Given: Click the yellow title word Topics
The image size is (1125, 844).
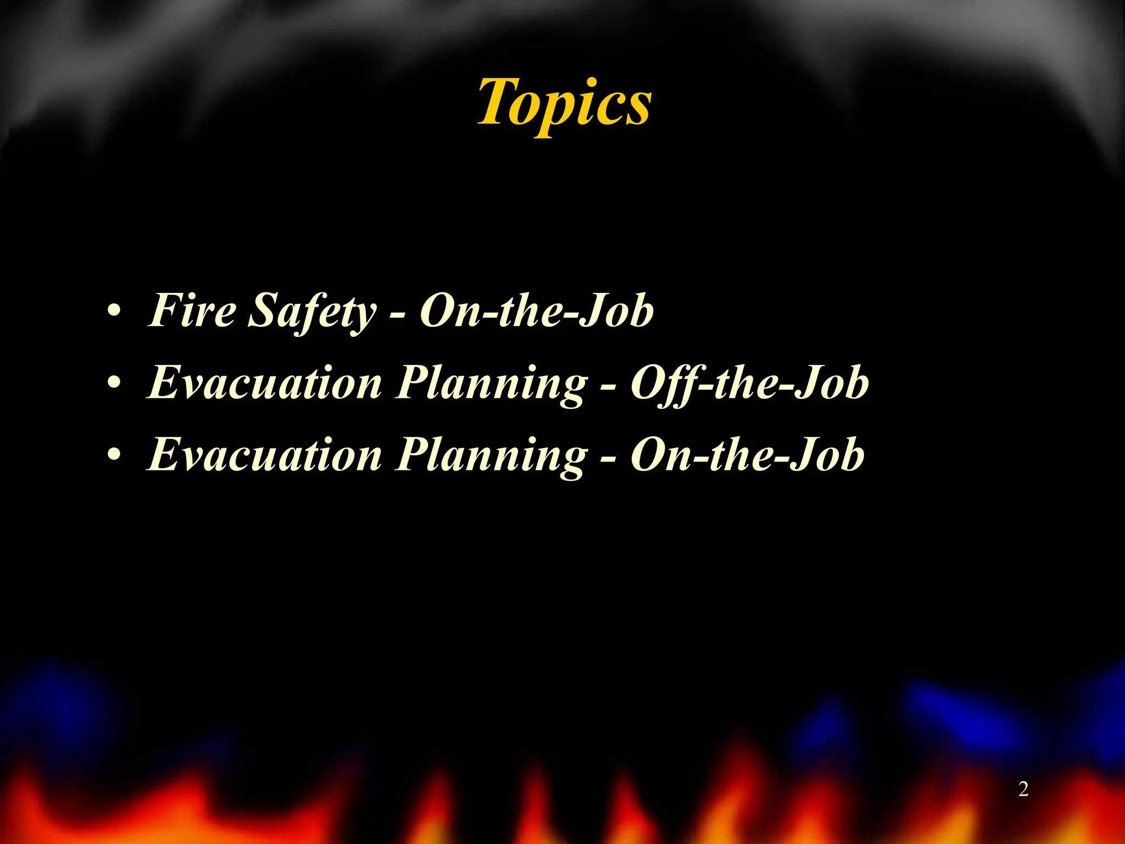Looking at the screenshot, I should tap(565, 103).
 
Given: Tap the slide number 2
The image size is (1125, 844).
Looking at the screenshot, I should tap(1023, 790).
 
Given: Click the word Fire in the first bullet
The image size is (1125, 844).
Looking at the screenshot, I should tap(192, 310).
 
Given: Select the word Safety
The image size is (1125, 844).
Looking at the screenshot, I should tap(313, 312).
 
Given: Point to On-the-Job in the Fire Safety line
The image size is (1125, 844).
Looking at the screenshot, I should tap(537, 310).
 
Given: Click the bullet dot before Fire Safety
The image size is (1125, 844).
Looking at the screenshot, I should tap(114, 312).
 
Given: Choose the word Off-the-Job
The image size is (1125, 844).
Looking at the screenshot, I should tap(749, 383).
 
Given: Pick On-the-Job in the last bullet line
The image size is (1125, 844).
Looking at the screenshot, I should tap(747, 455).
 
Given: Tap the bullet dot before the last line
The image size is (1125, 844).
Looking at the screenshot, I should tap(114, 455).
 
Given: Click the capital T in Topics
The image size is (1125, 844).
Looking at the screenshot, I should tap(497, 102).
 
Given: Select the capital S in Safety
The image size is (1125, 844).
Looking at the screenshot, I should tap(262, 310).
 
